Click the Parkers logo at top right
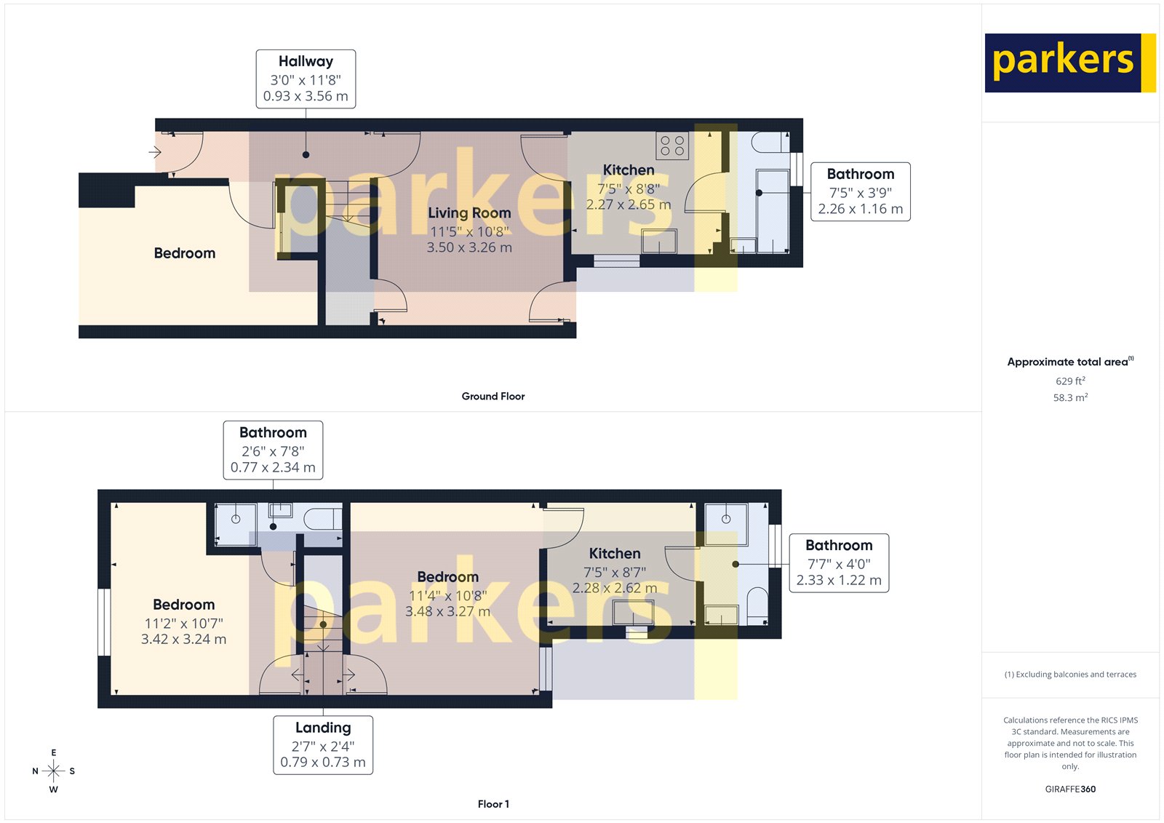pos(1069,63)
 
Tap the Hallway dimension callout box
pos(306,79)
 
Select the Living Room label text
pos(469,213)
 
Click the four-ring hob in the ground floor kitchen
pos(671,146)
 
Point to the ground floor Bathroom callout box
pos(860,191)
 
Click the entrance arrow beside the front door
pos(155,152)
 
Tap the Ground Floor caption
pos(493,397)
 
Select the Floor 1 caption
pos(493,804)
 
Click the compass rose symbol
pos(53,771)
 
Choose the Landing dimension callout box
pos(323,745)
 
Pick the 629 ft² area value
pos(1070,381)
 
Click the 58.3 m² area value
pos(1070,398)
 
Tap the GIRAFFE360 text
pos(1070,789)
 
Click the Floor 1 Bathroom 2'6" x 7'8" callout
pos(273,450)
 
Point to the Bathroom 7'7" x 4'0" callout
pos(838,562)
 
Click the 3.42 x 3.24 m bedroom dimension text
pos(183,640)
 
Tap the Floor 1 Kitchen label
pos(615,554)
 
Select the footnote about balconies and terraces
pos(1070,675)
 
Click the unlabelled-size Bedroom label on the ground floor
pos(185,253)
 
